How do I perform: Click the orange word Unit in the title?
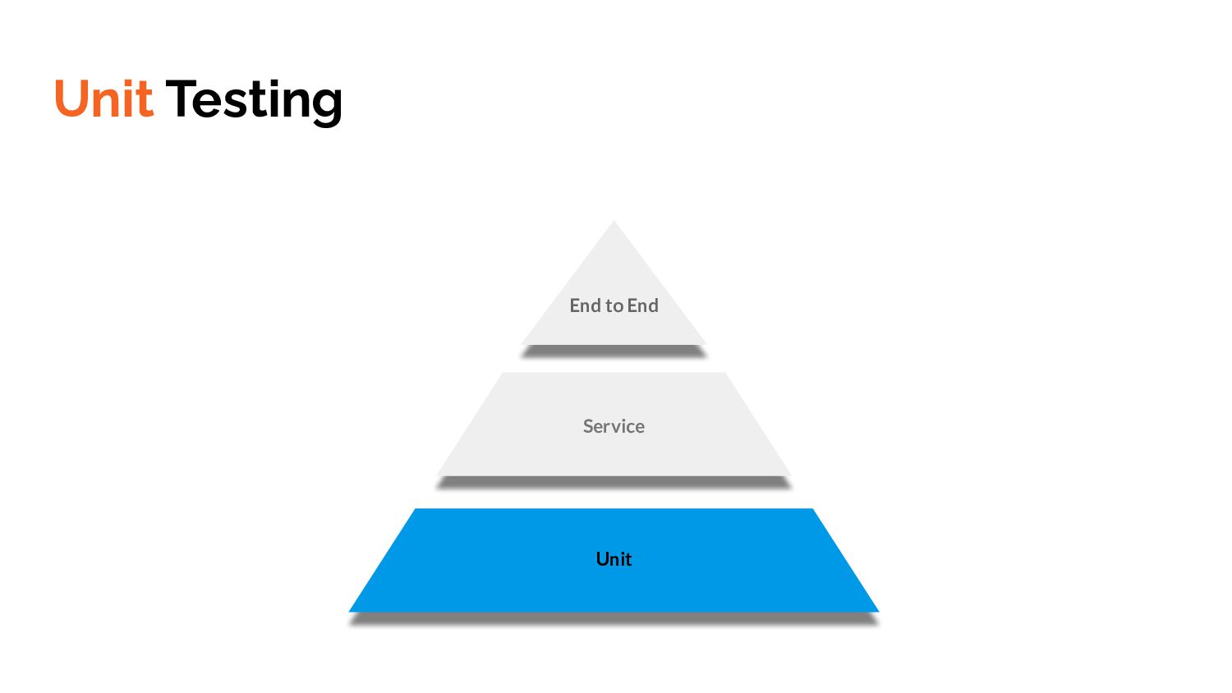pyautogui.click(x=103, y=99)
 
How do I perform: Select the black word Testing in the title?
pyautogui.click(x=254, y=101)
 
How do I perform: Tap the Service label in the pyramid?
pyautogui.click(x=614, y=426)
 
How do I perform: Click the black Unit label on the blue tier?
pyautogui.click(x=614, y=559)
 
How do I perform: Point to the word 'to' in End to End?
pyautogui.click(x=614, y=305)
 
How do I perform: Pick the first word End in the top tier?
pyautogui.click(x=586, y=305)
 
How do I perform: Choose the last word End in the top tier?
pyautogui.click(x=643, y=305)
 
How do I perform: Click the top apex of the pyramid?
pyautogui.click(x=614, y=222)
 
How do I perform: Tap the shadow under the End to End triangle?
pyautogui.click(x=614, y=351)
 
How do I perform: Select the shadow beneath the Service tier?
pyautogui.click(x=614, y=483)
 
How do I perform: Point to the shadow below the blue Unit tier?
pyautogui.click(x=614, y=619)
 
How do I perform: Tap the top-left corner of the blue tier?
pyautogui.click(x=416, y=510)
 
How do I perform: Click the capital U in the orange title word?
pyautogui.click(x=71, y=99)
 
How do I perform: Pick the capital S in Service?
pyautogui.click(x=588, y=426)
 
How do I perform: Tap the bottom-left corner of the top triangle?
pyautogui.click(x=523, y=343)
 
